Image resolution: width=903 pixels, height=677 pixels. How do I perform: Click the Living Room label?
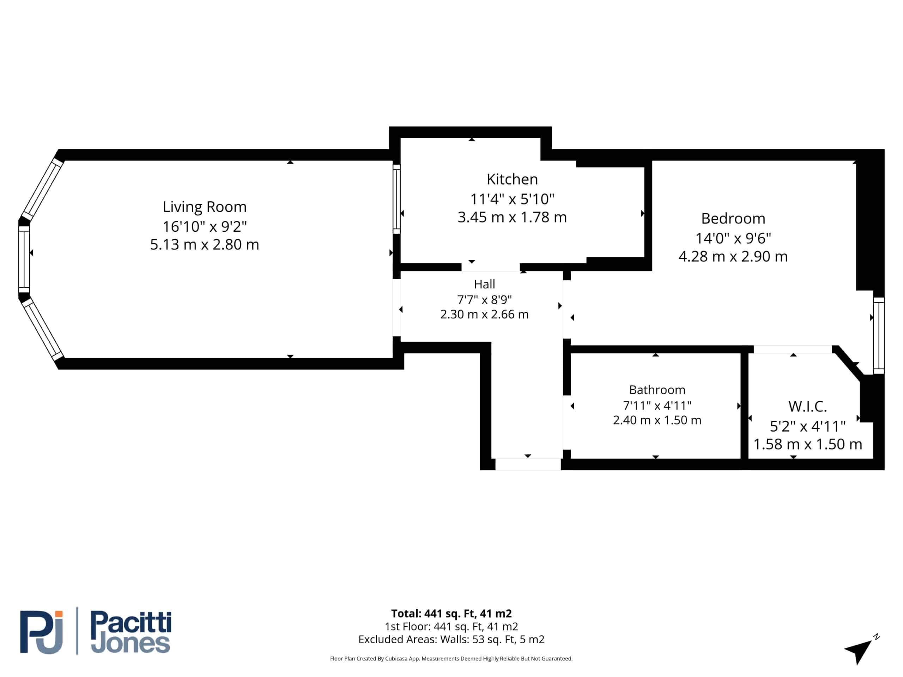tap(205, 207)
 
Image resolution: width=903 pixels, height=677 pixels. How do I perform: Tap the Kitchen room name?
tap(512, 179)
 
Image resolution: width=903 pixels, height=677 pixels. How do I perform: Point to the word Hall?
tap(484, 284)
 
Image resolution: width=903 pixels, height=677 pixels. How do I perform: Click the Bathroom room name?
tap(657, 390)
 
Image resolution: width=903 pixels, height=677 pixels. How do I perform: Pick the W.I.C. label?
tap(807, 407)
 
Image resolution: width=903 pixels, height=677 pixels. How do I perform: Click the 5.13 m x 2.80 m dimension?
tap(205, 244)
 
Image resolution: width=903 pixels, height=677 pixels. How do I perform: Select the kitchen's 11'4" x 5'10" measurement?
tap(512, 199)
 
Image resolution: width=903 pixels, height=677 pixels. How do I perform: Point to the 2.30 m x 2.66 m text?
tap(484, 314)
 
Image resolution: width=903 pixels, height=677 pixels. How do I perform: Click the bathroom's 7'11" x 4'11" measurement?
tap(657, 405)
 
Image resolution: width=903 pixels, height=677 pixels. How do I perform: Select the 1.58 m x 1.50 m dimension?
tap(807, 444)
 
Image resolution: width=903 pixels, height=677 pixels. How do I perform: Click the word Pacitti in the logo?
tap(131, 623)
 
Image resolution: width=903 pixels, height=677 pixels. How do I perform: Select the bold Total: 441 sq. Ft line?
tap(451, 613)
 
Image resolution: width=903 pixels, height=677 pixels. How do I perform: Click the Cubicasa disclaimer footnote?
tap(451, 658)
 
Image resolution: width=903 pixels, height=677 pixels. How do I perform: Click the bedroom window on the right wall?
tap(879, 335)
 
